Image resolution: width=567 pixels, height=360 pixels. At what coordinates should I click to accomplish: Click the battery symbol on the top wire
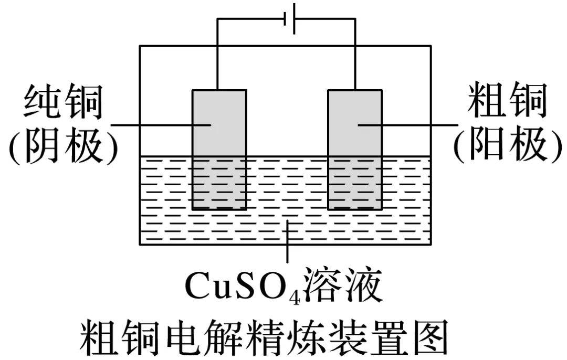(290, 19)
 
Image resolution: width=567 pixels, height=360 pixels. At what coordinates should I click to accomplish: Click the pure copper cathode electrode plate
(219, 149)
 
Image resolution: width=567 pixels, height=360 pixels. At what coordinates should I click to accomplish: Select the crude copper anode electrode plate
(355, 149)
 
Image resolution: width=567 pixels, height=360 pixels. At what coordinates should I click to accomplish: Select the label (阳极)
(507, 145)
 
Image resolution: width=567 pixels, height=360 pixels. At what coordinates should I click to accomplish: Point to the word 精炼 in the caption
(297, 337)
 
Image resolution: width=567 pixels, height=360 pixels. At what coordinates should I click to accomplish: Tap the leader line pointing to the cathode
(157, 125)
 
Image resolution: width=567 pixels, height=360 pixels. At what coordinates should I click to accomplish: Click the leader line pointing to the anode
(415, 125)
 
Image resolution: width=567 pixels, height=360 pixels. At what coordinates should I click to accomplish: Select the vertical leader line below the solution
(287, 247)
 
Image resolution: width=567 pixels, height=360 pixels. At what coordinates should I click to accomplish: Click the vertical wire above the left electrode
(218, 52)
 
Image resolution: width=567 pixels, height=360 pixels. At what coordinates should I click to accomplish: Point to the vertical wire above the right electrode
(355, 52)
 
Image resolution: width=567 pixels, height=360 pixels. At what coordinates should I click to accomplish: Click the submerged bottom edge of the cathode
(219, 209)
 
